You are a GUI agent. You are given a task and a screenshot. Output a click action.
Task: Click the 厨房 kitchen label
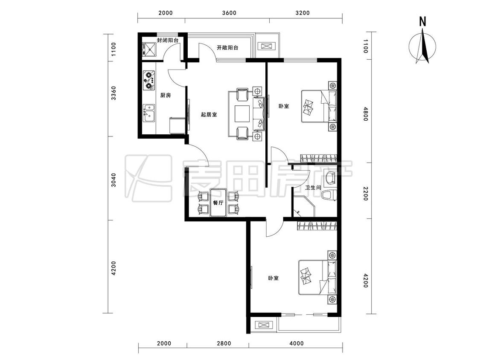click(166, 96)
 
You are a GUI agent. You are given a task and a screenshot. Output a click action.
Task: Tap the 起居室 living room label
click(209, 115)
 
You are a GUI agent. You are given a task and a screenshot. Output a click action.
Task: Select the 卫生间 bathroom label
click(313, 187)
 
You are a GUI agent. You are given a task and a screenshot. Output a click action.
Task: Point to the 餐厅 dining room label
click(218, 203)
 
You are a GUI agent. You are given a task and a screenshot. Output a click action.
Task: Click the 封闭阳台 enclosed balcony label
click(168, 41)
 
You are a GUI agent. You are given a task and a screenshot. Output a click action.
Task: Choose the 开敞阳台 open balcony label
click(227, 47)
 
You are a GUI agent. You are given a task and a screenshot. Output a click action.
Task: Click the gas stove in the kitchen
click(149, 80)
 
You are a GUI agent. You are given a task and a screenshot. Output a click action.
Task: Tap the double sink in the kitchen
click(149, 113)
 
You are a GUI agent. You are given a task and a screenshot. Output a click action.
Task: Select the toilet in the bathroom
click(330, 195)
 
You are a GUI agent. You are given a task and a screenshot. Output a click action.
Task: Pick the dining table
click(218, 203)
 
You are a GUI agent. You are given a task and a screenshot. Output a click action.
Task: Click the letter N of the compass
click(423, 22)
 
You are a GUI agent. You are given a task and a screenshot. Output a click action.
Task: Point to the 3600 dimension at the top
click(229, 13)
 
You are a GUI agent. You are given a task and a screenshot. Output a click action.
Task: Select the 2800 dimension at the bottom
click(224, 343)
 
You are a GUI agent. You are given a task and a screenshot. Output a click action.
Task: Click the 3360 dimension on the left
click(113, 93)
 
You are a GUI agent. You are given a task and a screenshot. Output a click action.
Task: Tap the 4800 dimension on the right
click(365, 113)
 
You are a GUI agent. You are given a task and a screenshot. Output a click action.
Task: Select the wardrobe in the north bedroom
click(319, 158)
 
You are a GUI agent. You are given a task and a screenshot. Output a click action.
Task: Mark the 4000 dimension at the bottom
click(297, 343)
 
